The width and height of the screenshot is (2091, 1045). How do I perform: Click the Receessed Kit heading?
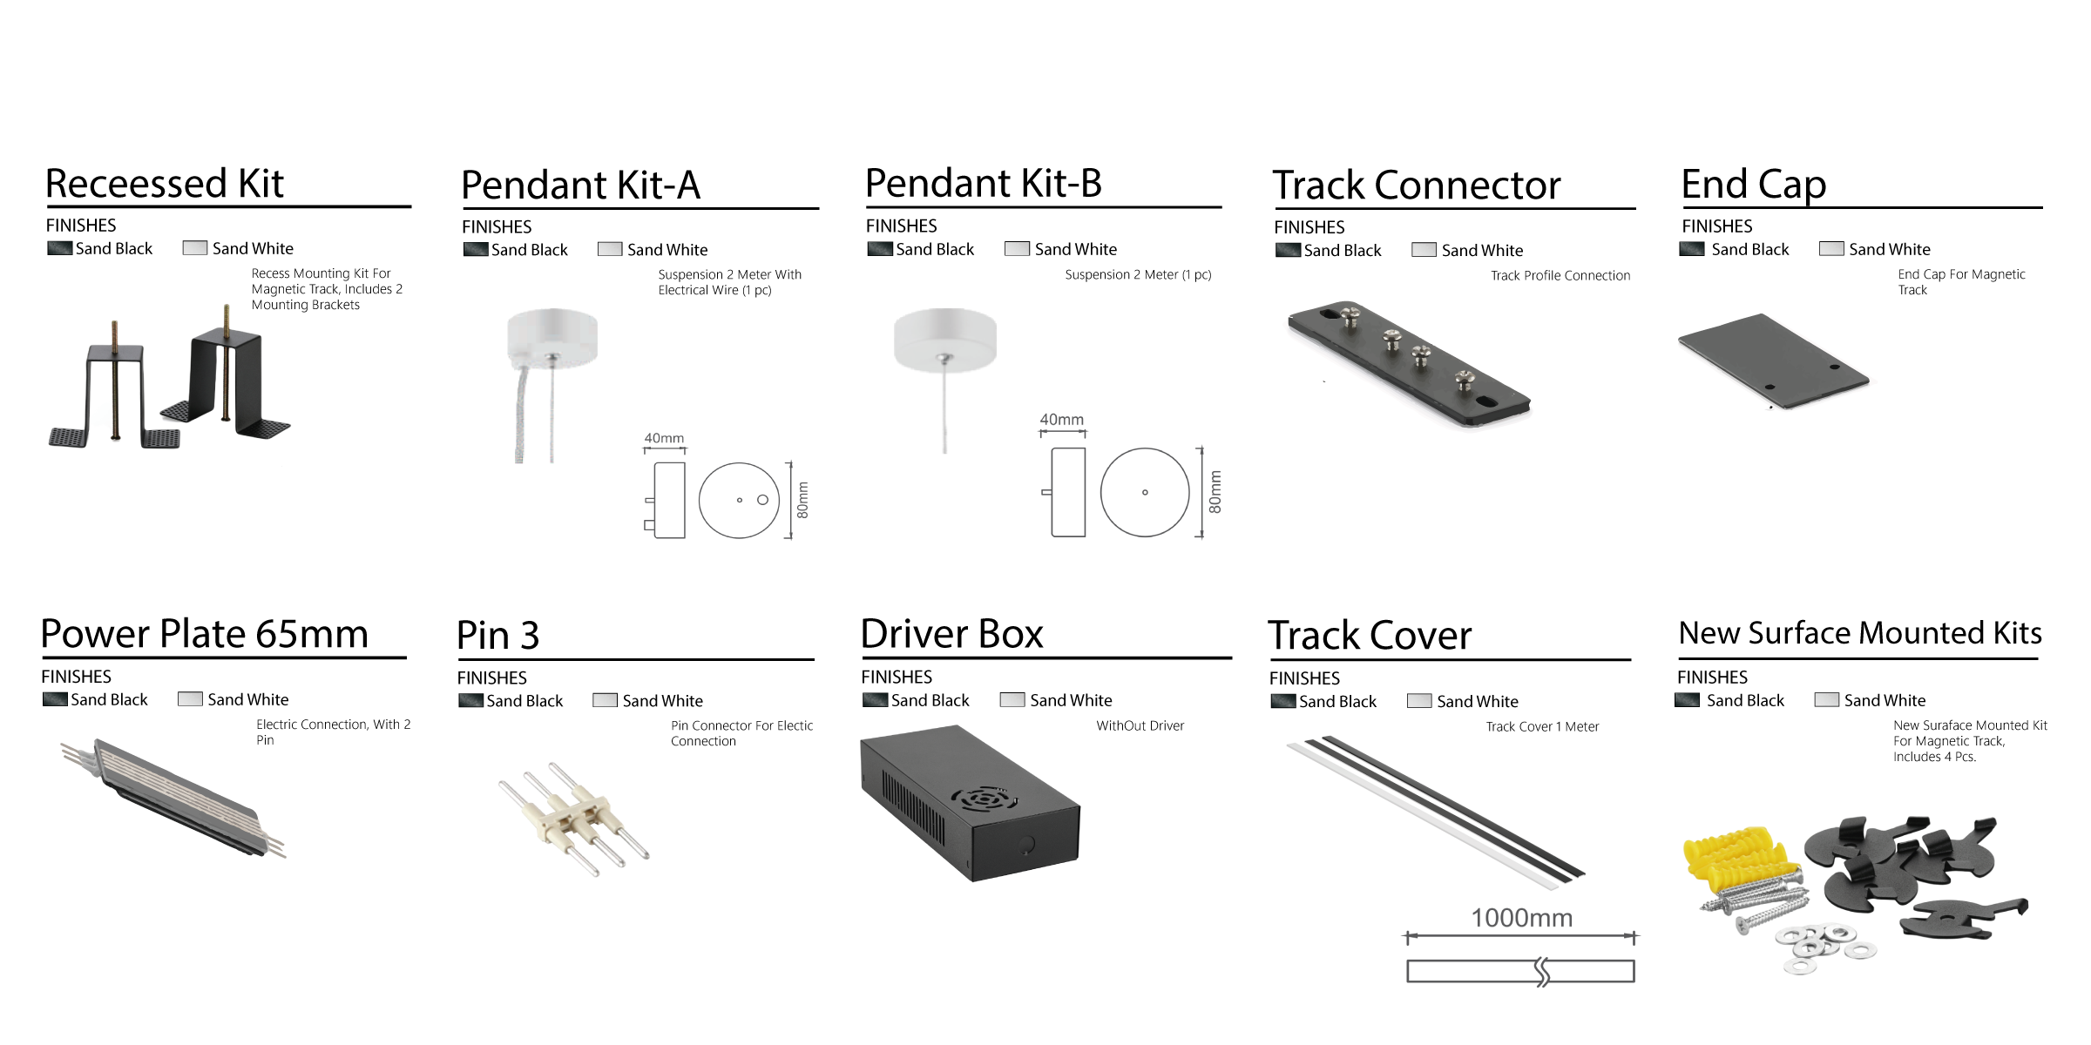[x=164, y=184]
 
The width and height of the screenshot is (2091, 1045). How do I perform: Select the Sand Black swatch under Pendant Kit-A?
[x=475, y=250]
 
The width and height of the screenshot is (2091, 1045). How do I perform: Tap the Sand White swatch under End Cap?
[x=1831, y=249]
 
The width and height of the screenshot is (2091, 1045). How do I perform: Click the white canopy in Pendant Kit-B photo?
[x=944, y=339]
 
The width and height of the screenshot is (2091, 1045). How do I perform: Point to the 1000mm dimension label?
[x=1521, y=918]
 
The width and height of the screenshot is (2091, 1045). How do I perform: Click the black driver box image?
[x=969, y=804]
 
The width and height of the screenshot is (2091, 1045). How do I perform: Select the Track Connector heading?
[x=1416, y=185]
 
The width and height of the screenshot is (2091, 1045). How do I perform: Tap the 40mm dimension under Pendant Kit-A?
[x=664, y=438]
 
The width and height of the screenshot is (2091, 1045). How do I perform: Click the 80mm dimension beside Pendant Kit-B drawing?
[x=1215, y=492]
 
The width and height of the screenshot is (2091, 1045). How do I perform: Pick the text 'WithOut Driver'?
[x=1140, y=725]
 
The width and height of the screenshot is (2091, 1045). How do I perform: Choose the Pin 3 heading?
[x=497, y=636]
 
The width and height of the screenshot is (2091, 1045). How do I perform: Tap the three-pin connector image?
[x=573, y=818]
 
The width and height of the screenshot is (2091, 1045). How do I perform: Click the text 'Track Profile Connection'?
[x=1560, y=275]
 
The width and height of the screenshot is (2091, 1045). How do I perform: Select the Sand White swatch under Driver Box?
[x=1012, y=700]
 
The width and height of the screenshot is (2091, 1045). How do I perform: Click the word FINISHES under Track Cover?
[x=1303, y=678]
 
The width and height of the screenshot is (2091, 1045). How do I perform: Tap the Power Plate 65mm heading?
[x=205, y=634]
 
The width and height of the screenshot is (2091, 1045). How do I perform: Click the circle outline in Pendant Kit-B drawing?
[x=1144, y=492]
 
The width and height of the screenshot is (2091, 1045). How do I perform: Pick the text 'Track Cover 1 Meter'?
[x=1542, y=726]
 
